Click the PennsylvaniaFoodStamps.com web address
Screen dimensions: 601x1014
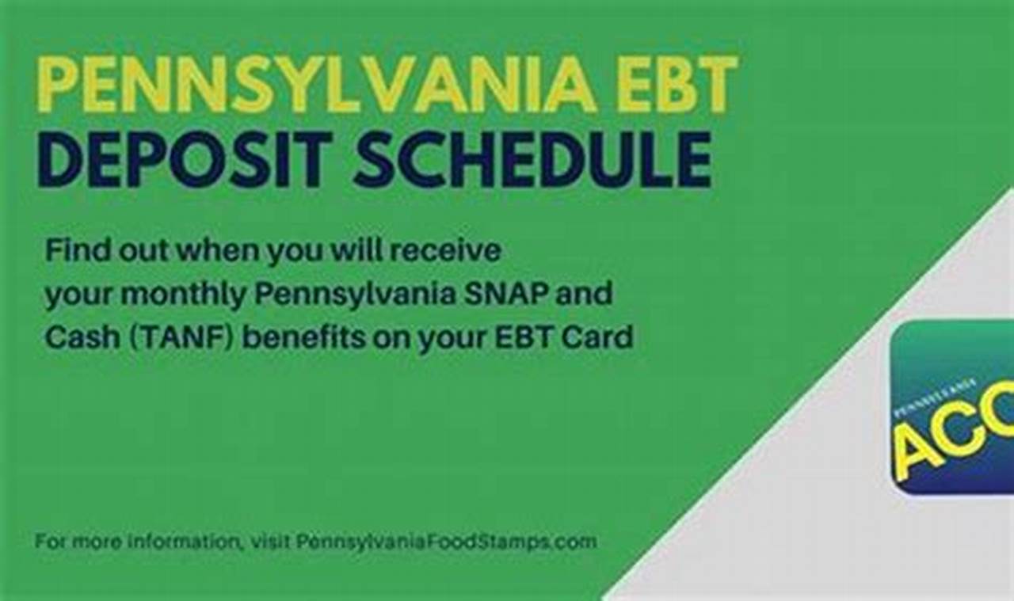[x=447, y=542]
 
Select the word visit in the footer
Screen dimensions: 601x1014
[x=270, y=542]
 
